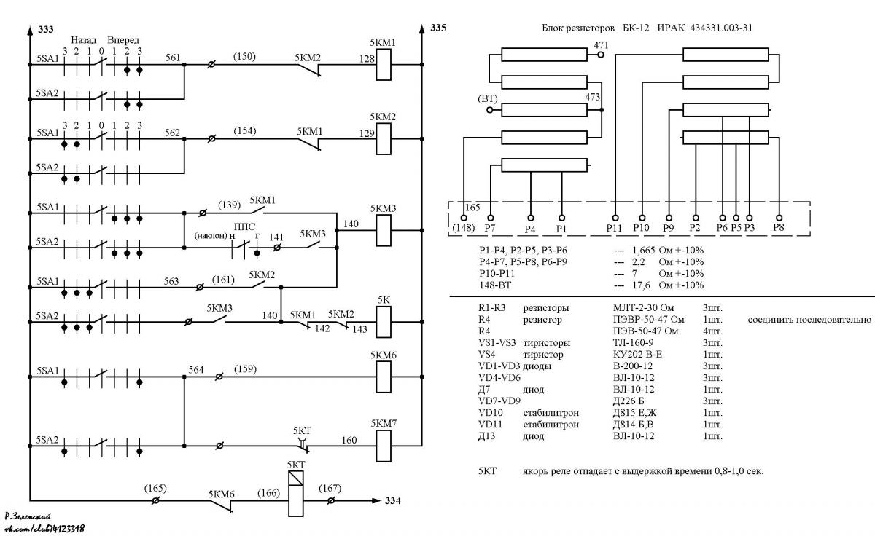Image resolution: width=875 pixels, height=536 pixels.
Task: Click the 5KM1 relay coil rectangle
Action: [x=384, y=65]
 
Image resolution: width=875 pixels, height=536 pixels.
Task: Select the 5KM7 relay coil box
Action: [x=384, y=446]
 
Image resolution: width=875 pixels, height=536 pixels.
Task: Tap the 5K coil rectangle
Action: [x=384, y=322]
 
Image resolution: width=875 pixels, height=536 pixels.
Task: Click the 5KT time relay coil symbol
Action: [x=296, y=494]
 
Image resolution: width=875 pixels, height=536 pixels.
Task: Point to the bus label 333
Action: [x=46, y=30]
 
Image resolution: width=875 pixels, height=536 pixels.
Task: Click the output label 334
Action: [x=393, y=500]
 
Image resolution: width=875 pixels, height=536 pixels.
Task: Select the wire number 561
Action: [x=173, y=58]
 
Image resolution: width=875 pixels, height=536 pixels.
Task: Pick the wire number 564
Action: [x=195, y=369]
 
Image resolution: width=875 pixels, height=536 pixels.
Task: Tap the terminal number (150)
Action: [x=244, y=56]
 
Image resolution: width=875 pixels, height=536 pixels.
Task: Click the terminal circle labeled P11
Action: [x=615, y=218]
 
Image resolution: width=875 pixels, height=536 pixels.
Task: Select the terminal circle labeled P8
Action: [x=779, y=218]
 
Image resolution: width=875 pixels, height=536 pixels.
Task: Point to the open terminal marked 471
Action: [x=600, y=55]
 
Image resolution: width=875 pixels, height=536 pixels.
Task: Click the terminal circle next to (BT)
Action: [x=489, y=110]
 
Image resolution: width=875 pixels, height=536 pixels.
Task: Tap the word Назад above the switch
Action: [x=83, y=40]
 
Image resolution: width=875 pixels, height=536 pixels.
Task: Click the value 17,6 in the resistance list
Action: [x=641, y=285]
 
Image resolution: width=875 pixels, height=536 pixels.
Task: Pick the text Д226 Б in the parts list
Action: [x=629, y=401]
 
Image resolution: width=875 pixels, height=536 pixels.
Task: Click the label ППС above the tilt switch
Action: [x=244, y=226]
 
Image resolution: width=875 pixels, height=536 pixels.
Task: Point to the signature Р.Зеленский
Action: [x=28, y=517]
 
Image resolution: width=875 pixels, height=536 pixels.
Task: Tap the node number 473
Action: [x=592, y=97]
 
